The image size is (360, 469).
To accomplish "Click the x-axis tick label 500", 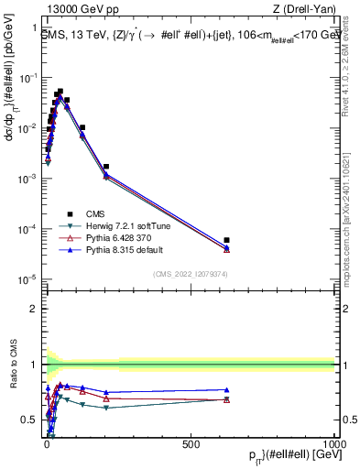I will click(x=191, y=443).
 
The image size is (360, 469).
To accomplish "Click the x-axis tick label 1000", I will click(x=333, y=443).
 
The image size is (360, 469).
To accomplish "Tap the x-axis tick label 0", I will click(x=46, y=443).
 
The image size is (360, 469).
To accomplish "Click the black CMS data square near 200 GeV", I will click(x=106, y=167).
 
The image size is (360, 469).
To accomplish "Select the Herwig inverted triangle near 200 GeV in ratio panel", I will click(x=106, y=408).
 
